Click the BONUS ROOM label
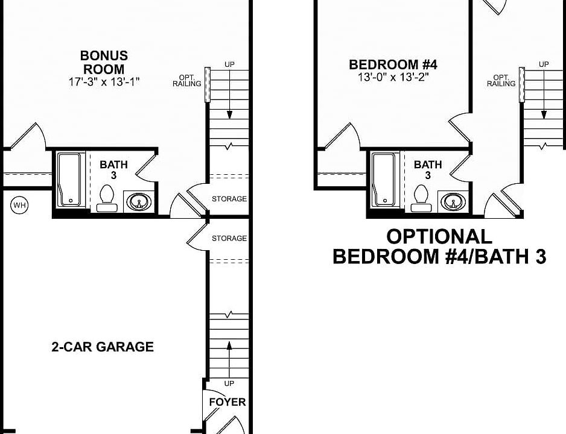[x=104, y=63]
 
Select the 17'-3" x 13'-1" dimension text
[x=104, y=82]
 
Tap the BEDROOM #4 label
[x=393, y=64]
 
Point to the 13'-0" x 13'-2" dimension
[x=393, y=77]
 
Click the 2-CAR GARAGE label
[x=102, y=347]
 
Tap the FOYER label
[x=227, y=402]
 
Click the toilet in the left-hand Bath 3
[x=107, y=197]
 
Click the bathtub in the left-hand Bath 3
[x=71, y=180]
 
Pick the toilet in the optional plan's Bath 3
[x=422, y=197]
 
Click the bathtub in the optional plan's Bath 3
[x=384, y=180]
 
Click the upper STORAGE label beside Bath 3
[x=229, y=199]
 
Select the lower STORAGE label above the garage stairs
[x=229, y=239]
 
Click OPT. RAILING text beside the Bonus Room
[x=186, y=81]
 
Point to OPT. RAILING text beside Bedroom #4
[x=501, y=81]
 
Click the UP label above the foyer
[x=229, y=383]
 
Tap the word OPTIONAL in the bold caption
[x=439, y=236]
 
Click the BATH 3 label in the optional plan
[x=428, y=169]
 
